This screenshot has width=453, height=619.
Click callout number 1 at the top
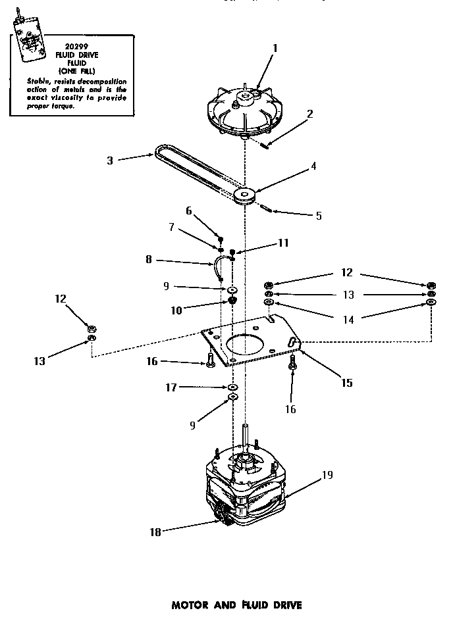coord(275,47)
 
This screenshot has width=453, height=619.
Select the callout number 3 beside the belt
coord(110,159)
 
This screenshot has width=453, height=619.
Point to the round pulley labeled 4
coord(247,195)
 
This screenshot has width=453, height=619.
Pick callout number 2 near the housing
coord(309,113)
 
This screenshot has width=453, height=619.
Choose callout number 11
coord(282,243)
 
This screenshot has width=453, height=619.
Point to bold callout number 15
coord(346,382)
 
